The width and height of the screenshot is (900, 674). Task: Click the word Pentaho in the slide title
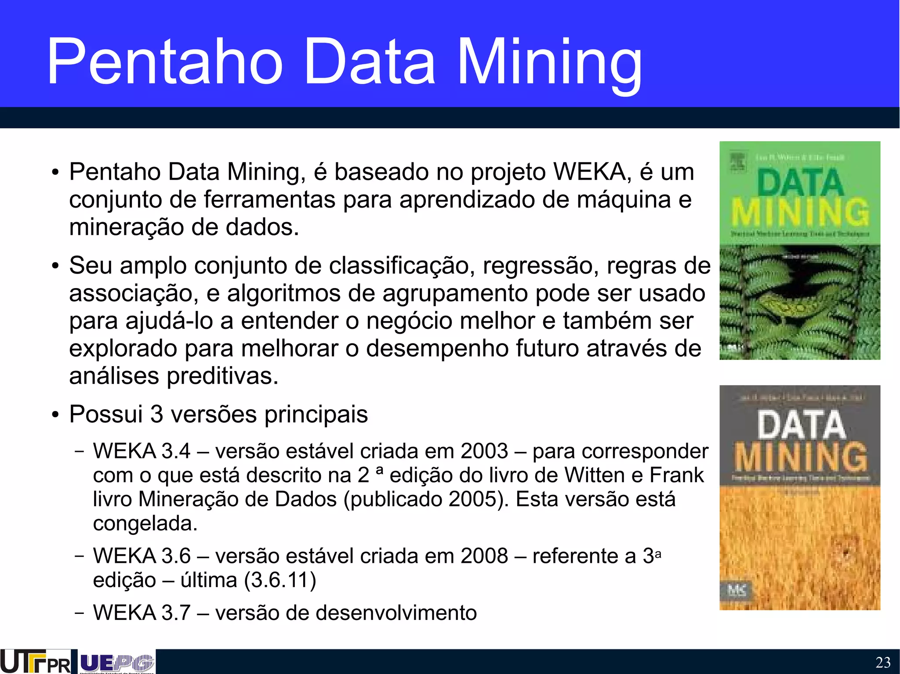(x=165, y=61)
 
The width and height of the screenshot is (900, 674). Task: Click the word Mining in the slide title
(x=549, y=64)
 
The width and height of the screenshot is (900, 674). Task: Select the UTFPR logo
(x=35, y=662)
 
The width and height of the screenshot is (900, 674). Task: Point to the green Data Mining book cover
(x=799, y=250)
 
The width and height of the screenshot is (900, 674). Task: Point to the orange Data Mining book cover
(x=799, y=497)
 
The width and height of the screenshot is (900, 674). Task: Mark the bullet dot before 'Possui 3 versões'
(x=54, y=415)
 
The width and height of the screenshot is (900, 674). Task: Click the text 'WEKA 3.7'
(x=142, y=613)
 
